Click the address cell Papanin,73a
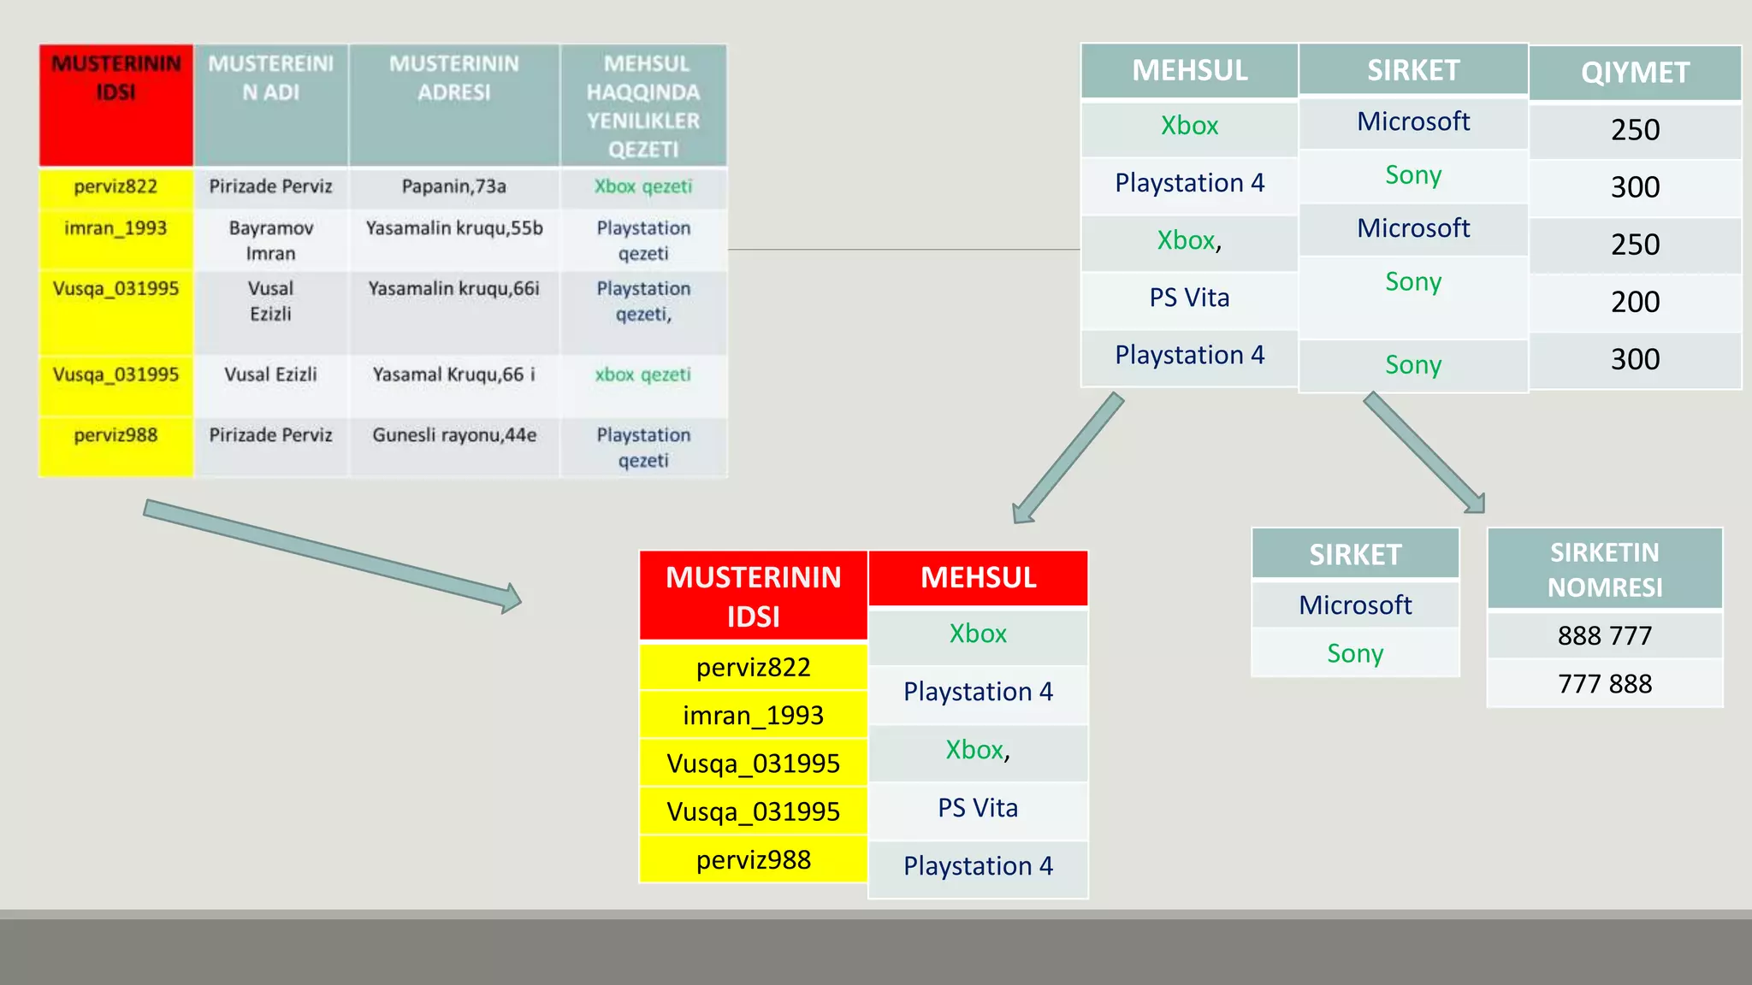[x=454, y=186]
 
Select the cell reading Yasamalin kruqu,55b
[x=454, y=228]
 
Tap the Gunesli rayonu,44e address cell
[x=454, y=435]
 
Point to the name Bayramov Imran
[x=270, y=240]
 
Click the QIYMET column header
[x=1635, y=73]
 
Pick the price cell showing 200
[x=1635, y=302]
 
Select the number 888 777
[x=1604, y=636]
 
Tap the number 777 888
[x=1604, y=684]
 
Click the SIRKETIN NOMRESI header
[x=1604, y=569]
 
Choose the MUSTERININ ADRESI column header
[x=454, y=79]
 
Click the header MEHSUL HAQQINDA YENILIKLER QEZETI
[x=643, y=106]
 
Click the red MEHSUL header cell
[x=978, y=578]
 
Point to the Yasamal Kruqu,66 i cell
[x=454, y=375]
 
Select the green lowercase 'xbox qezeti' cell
[x=643, y=375]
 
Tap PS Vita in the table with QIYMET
[x=1189, y=298]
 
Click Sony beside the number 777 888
[x=1355, y=653]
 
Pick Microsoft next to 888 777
[x=1355, y=605]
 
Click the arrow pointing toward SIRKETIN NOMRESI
[x=1423, y=452]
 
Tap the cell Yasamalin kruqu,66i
[x=454, y=289]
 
